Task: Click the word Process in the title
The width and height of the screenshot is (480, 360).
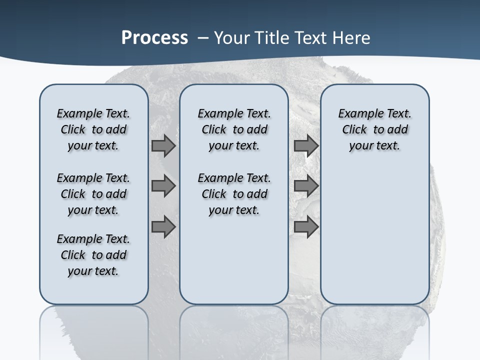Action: (154, 38)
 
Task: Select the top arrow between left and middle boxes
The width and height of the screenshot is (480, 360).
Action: (163, 146)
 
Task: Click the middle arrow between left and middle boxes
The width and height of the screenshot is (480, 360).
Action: (163, 186)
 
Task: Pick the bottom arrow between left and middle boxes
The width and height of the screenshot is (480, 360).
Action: (163, 226)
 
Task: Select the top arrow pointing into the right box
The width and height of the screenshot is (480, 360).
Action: (306, 146)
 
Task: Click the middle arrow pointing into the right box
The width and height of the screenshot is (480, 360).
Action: (306, 186)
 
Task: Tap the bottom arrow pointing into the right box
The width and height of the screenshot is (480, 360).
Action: (306, 226)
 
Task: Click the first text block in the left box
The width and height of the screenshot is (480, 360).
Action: (93, 130)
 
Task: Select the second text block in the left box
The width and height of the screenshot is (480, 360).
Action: (93, 194)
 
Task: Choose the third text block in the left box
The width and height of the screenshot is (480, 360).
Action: (93, 255)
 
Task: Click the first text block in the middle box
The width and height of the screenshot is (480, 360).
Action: (234, 130)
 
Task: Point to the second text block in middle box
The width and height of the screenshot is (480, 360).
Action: (234, 194)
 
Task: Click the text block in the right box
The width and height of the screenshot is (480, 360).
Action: (374, 130)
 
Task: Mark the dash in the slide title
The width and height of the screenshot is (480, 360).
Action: (203, 38)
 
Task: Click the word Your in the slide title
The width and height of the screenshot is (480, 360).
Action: (232, 38)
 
